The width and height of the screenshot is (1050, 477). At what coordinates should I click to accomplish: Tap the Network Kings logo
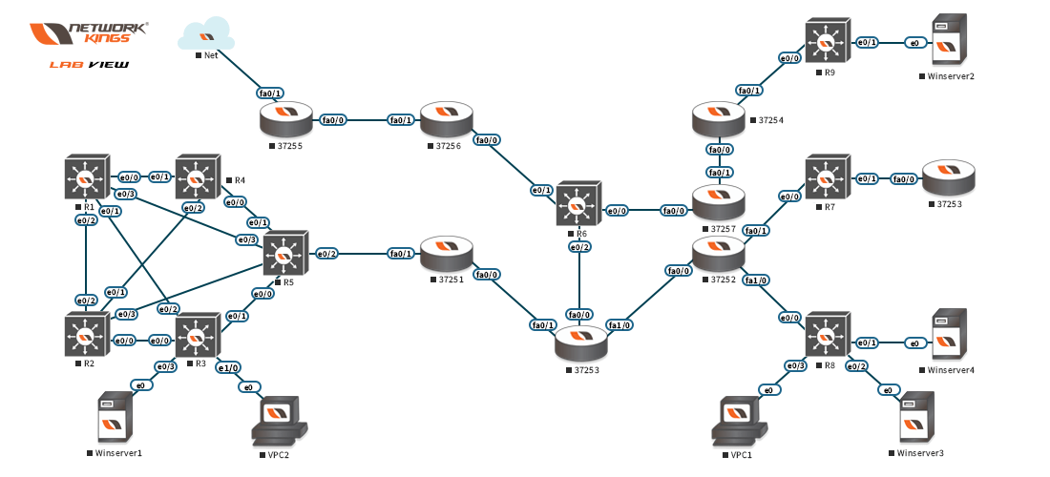coord(90,34)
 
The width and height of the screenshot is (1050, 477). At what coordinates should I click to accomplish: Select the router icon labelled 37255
coord(285,120)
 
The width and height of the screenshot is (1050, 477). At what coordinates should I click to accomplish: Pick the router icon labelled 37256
coord(446,120)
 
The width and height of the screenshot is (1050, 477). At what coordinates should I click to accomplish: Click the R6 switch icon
coord(577,204)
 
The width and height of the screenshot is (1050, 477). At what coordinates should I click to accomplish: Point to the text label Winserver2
coord(950,74)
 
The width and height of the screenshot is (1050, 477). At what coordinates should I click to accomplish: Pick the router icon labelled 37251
coord(446,254)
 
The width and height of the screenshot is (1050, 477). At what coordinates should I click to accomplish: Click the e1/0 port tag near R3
coord(228,367)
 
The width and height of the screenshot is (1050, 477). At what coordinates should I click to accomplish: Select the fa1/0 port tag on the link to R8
coord(756,280)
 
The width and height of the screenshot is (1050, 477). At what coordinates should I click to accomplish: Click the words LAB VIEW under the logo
coord(89,65)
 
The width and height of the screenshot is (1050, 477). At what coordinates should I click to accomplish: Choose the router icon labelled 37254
coord(718,120)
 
